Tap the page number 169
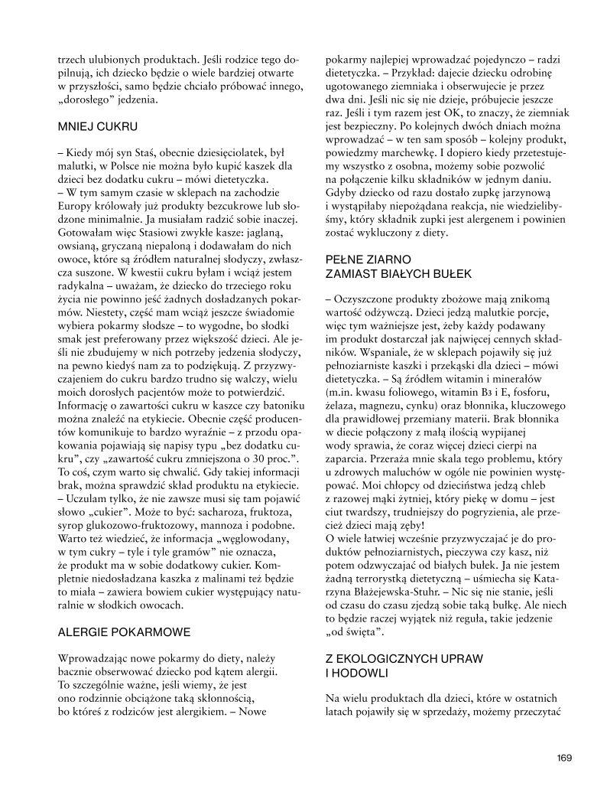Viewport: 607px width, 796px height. [564, 758]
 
